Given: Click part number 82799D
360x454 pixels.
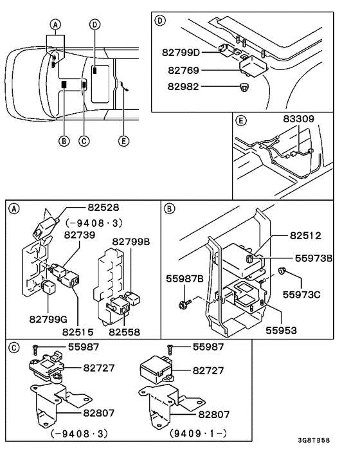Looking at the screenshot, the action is tap(181, 52).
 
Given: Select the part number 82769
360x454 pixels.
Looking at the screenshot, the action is tap(183, 70).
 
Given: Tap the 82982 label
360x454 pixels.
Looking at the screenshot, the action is tap(183, 87).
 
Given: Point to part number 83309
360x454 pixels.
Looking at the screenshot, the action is tap(298, 119).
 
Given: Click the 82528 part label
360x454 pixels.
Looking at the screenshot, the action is tap(104, 207).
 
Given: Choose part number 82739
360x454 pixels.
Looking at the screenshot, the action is tap(80, 235).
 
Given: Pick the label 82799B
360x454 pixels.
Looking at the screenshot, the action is tap(131, 242).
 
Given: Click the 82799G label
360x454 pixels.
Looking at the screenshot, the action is tap(48, 319).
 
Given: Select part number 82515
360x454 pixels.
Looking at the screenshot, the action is tap(78, 332).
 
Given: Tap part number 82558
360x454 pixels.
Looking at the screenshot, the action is tap(125, 332).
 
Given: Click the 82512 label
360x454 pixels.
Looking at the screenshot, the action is tap(305, 235).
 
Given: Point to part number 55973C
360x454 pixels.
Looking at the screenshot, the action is tap(301, 295).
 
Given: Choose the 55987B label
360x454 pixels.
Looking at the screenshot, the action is tap(184, 279).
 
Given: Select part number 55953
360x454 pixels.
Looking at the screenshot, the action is tap(282, 331).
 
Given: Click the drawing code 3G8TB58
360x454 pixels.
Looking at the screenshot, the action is tap(314, 440).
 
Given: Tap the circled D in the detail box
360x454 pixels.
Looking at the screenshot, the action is tap(160, 21).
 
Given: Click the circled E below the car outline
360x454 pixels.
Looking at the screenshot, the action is tap(123, 141).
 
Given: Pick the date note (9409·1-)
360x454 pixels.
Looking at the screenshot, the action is tap(198, 433).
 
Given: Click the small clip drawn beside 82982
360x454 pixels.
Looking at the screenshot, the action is tap(244, 87).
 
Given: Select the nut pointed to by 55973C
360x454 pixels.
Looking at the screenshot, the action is tap(282, 271).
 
